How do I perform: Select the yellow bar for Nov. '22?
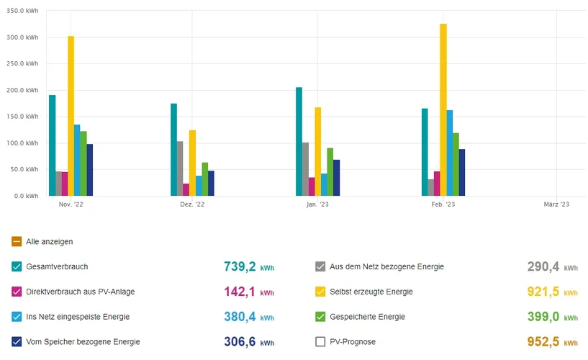pos(71,116)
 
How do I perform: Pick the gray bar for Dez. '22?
pos(180,168)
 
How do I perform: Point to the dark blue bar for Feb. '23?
pos(462,173)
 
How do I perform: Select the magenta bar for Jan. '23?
pos(312,186)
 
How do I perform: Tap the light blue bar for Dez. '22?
pos(199,186)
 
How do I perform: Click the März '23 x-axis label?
pos(556,204)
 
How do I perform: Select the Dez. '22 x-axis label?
pos(192,204)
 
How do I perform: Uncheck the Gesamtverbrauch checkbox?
pos(17,266)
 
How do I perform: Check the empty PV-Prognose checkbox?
pos(320,342)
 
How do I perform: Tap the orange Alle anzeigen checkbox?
pos(17,242)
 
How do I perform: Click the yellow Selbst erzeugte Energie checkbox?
pos(320,292)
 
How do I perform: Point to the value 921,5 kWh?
pos(552,292)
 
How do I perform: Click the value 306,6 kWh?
pos(249,342)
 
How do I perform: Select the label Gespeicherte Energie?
pos(367,317)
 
